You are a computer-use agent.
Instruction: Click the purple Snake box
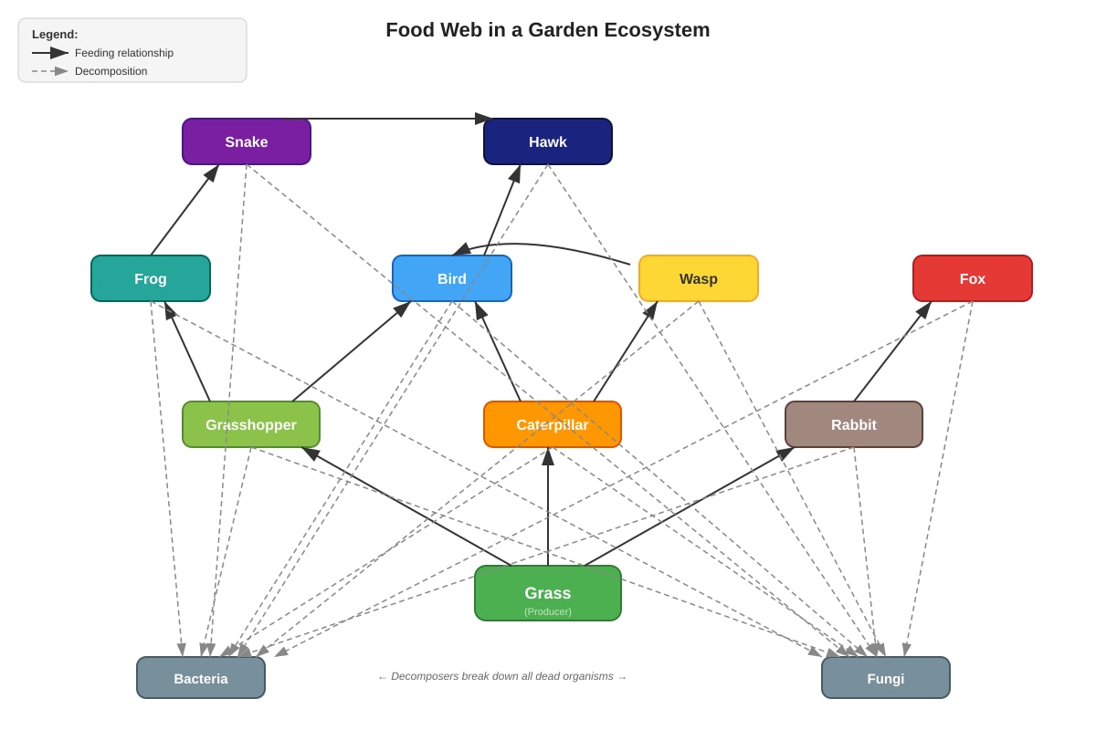point(246,141)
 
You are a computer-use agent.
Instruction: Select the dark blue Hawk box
point(547,141)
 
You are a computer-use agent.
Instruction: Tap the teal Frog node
point(151,278)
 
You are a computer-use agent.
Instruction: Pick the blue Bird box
point(451,278)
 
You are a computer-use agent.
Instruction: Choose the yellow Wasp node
point(698,278)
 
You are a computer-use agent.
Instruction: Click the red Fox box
point(972,278)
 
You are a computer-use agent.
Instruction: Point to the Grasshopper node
point(251,424)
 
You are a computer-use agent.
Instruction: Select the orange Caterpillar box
point(553,424)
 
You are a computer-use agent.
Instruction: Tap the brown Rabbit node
point(854,424)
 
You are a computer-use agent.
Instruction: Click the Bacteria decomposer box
point(201,677)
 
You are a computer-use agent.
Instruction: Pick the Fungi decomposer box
point(886,677)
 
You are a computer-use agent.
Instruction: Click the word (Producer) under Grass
point(547,611)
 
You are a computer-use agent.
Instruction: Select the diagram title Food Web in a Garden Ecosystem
point(547,30)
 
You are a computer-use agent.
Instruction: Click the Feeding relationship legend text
point(124,53)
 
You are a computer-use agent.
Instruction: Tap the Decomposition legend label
point(111,71)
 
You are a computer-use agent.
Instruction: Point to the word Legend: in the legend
point(55,35)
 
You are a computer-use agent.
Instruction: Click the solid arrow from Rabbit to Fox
point(893,351)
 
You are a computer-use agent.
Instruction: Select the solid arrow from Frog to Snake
point(184,210)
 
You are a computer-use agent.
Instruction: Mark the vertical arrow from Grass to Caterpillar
point(548,506)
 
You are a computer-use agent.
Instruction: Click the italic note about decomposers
point(502,676)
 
